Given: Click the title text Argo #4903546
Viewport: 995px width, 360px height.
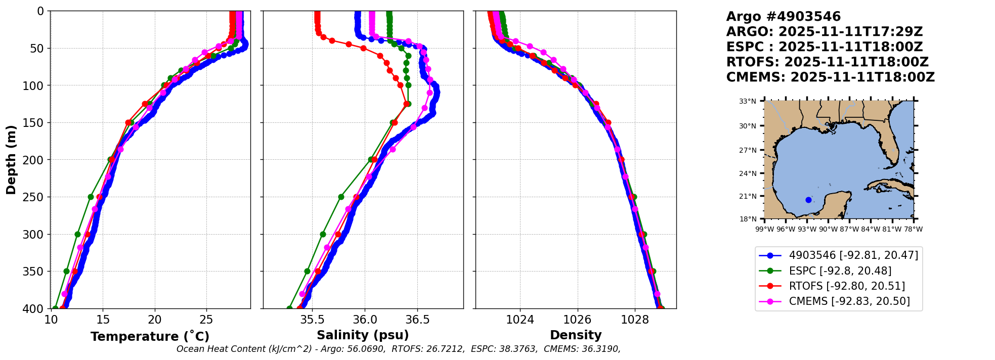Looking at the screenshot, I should [783, 17].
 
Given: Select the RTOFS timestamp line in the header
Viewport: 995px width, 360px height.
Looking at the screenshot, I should [827, 62].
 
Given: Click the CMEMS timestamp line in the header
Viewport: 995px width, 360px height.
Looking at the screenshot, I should [830, 77].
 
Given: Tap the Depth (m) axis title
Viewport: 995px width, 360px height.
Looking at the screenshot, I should [11, 159].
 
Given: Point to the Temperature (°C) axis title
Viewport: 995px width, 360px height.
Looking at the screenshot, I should [150, 336].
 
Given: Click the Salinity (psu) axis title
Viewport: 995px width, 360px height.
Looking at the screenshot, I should [363, 335].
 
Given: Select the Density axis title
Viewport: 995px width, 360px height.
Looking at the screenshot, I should [576, 335].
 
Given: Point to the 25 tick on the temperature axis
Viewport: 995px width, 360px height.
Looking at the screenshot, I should [206, 320].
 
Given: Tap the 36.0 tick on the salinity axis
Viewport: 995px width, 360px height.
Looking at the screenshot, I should [365, 320].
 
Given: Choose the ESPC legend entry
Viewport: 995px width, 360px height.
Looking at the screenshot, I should [840, 271].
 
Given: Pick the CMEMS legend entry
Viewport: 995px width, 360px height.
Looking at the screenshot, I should [849, 301].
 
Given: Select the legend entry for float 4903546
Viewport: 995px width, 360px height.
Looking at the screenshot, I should [853, 255].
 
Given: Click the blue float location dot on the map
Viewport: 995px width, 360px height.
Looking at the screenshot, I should [808, 200].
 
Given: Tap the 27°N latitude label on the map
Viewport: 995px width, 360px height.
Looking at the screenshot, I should [748, 150].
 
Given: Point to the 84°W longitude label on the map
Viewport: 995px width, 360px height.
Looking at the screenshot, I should [871, 229].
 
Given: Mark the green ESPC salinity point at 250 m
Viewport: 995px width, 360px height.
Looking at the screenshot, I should [341, 197].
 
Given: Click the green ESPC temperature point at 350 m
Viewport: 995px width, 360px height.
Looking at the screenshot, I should [66, 271].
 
